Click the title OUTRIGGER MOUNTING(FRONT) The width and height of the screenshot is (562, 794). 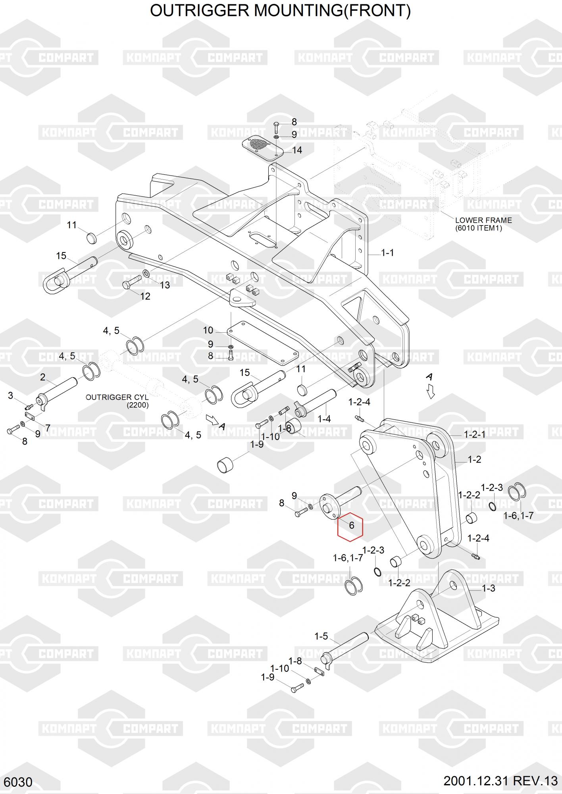[x=280, y=11]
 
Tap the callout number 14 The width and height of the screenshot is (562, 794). [x=297, y=150]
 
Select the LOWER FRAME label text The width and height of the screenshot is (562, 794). [x=483, y=220]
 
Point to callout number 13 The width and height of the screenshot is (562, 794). [x=164, y=285]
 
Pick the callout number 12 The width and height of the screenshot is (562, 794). [x=145, y=296]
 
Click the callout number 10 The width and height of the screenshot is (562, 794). [x=208, y=330]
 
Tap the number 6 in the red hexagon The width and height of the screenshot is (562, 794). [x=351, y=526]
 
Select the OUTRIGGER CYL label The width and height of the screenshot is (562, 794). [x=117, y=397]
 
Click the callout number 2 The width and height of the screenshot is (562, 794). [x=43, y=377]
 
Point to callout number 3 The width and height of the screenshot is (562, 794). [x=11, y=395]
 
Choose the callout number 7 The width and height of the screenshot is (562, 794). [x=48, y=428]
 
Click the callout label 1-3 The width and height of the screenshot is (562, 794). [x=488, y=588]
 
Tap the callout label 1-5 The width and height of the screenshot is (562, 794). [x=321, y=636]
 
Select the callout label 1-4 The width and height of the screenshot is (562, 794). [x=324, y=419]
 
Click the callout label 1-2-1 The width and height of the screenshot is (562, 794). [x=474, y=435]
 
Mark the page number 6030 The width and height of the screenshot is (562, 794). [x=19, y=782]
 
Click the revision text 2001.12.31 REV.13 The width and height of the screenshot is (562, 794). [x=500, y=781]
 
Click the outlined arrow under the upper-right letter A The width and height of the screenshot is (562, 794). [x=431, y=392]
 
